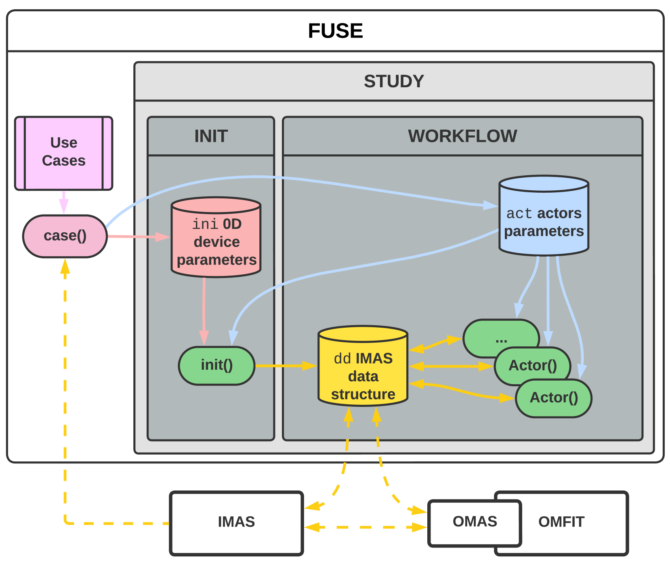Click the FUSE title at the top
coord(335,31)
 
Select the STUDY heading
coord(394,81)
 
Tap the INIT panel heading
coord(211,136)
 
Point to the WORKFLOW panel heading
coord(462,136)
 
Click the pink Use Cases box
coord(64,153)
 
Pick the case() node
coord(65,236)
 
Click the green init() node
coord(217,365)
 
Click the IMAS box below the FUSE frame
coord(237,522)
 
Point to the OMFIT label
coord(561,522)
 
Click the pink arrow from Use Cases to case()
coord(63,202)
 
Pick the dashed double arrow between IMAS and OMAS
coord(365,527)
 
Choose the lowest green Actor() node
coord(554,398)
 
